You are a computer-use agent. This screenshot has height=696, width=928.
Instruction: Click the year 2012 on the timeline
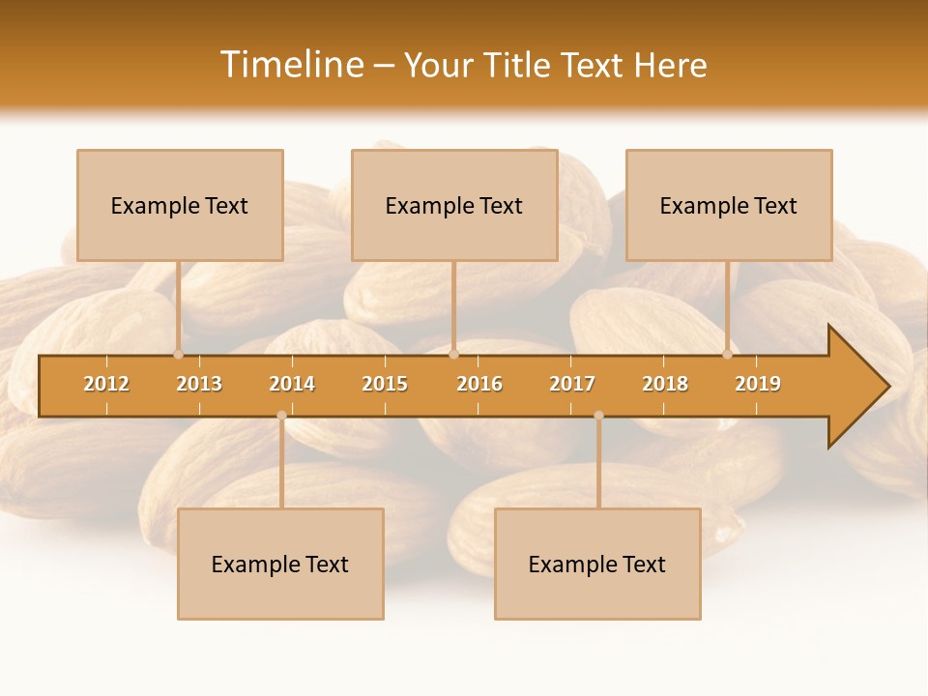(x=106, y=384)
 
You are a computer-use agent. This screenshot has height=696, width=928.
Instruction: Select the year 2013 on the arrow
(x=199, y=384)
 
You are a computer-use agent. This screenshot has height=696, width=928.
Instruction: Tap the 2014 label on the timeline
(x=292, y=384)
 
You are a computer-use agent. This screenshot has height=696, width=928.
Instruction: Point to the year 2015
(x=385, y=384)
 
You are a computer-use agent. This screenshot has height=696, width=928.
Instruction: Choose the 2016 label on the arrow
(x=479, y=384)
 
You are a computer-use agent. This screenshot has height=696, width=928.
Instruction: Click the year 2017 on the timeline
(x=572, y=384)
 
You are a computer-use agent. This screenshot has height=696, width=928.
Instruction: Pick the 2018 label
(x=665, y=384)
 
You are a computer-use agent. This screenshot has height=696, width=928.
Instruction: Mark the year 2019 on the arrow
(x=758, y=384)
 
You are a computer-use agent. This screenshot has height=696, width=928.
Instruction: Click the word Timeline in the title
(x=291, y=65)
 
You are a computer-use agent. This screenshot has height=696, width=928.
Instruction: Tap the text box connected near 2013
(x=180, y=205)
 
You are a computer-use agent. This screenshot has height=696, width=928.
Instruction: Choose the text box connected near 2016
(x=454, y=205)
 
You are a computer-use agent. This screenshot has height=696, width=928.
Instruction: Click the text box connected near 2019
(x=729, y=205)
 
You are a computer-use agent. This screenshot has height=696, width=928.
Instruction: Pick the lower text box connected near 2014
(x=280, y=564)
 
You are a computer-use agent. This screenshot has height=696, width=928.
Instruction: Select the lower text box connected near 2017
(x=597, y=564)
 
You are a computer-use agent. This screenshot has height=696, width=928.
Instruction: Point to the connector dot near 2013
(x=178, y=354)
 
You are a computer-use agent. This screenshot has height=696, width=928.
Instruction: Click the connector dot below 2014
(x=281, y=416)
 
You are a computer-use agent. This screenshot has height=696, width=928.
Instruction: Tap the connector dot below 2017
(x=598, y=416)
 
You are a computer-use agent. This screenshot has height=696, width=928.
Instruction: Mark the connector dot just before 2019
(x=727, y=354)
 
